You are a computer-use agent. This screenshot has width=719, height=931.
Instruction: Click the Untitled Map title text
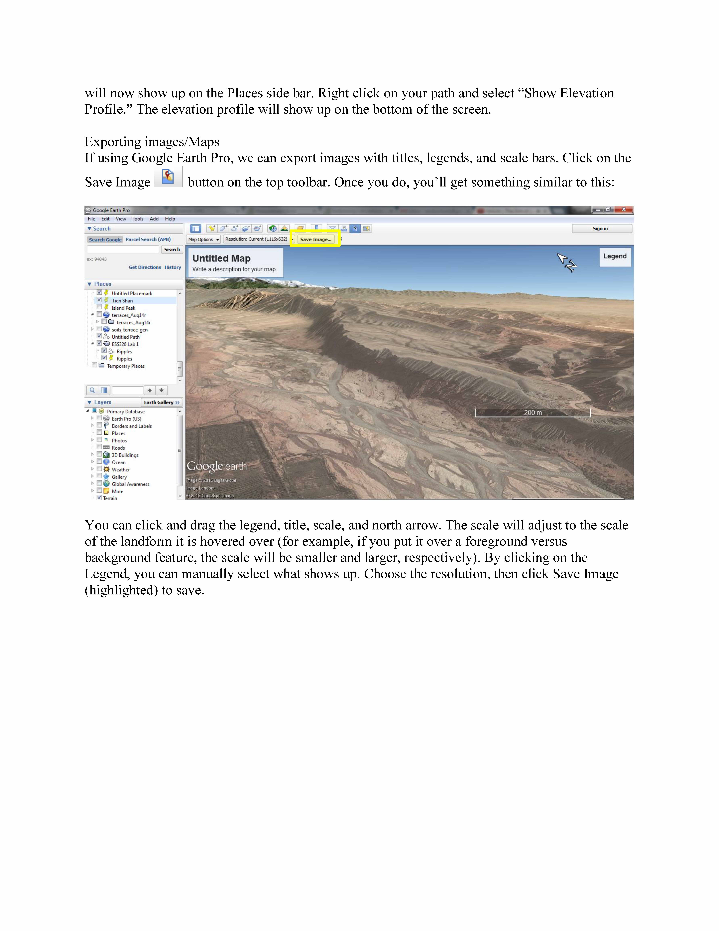tap(221, 258)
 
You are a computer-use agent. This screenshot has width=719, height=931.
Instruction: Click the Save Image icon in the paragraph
tap(168, 176)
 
